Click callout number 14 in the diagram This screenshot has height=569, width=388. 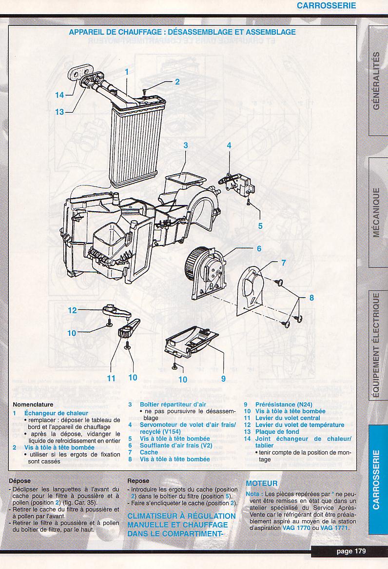click(59, 95)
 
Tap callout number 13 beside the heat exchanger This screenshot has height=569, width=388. click(59, 112)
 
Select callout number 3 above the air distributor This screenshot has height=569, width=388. click(186, 145)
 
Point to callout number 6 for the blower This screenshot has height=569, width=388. click(258, 248)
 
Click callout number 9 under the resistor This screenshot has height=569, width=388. click(223, 378)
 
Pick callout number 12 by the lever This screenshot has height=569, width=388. click(73, 310)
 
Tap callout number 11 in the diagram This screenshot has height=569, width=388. click(111, 378)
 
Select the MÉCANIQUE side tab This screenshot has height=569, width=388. click(376, 213)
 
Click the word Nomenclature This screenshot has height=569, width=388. click(33, 405)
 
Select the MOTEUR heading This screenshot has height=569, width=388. click(262, 484)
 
